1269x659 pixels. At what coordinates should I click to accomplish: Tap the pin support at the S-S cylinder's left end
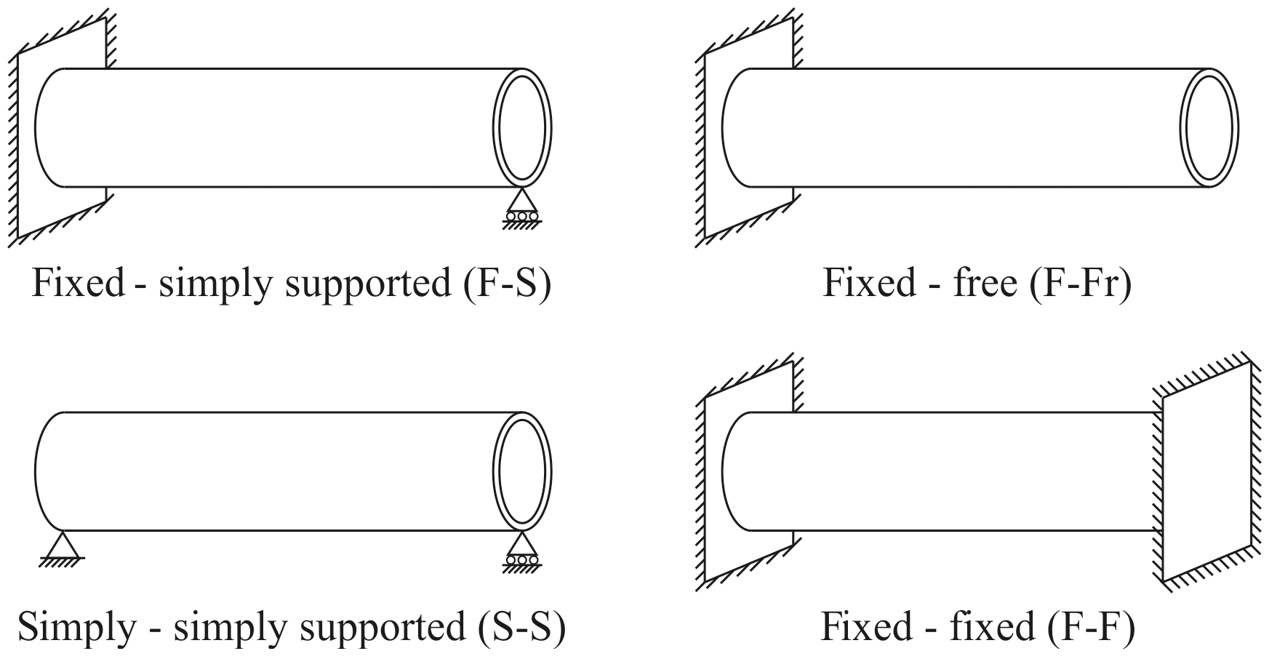[x=63, y=546]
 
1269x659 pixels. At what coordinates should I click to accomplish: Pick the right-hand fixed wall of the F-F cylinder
[x=1207, y=473]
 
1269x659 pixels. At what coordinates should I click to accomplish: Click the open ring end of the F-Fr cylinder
[x=1209, y=128]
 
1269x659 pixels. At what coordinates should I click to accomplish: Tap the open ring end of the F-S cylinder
[x=521, y=128]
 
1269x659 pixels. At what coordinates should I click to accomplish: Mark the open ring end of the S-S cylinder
[x=521, y=471]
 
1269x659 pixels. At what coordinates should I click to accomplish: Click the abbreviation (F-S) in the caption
[x=507, y=283]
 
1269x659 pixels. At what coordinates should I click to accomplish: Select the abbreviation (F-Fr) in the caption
[x=1081, y=283]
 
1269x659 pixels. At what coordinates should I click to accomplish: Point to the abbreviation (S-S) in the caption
[x=521, y=627]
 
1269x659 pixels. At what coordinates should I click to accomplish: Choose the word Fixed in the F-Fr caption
[x=868, y=283]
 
